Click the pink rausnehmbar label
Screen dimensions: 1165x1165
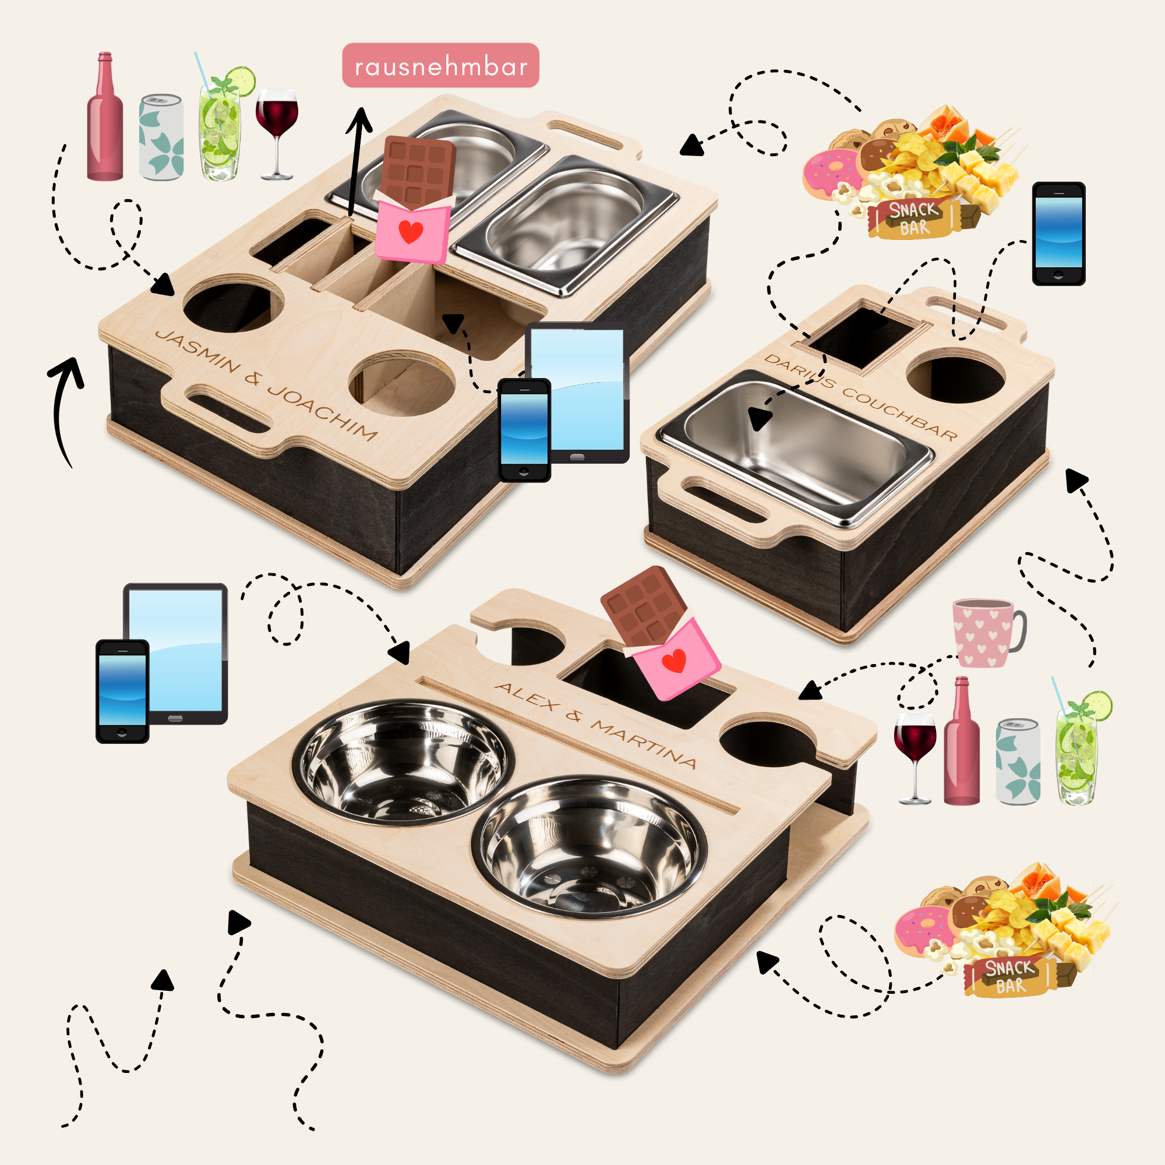point(440,65)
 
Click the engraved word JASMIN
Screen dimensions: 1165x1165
point(198,351)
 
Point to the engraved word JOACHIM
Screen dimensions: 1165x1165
point(323,411)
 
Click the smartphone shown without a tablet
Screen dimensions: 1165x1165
point(1058,234)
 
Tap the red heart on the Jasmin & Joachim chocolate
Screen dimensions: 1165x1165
point(411,232)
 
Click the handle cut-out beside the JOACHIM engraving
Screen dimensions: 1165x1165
point(228,409)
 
